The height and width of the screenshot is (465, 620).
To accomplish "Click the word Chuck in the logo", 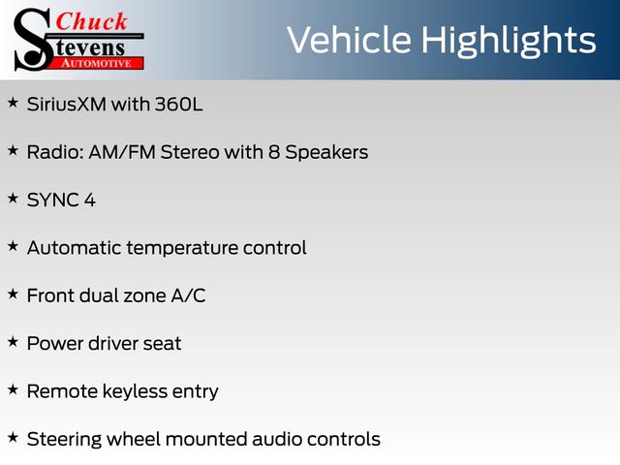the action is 91,21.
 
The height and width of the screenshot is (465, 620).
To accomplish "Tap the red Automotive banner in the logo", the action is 96,63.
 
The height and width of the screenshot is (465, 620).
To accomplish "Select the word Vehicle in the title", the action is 349,40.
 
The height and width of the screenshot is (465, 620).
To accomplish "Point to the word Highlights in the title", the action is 508,42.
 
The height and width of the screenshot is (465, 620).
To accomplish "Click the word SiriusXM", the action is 67,105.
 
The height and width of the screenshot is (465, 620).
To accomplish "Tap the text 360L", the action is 178,105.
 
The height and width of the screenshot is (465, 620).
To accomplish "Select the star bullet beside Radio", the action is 13,151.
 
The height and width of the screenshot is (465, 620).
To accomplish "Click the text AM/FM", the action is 122,152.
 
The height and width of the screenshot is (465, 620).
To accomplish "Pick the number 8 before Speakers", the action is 274,152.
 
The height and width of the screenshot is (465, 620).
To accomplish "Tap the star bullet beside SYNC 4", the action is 13,198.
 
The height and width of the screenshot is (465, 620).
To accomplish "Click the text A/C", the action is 188,295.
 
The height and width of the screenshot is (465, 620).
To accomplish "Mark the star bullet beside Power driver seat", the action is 13,342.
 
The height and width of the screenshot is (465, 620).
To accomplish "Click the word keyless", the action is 135,391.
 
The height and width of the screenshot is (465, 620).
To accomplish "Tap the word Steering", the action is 64,440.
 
